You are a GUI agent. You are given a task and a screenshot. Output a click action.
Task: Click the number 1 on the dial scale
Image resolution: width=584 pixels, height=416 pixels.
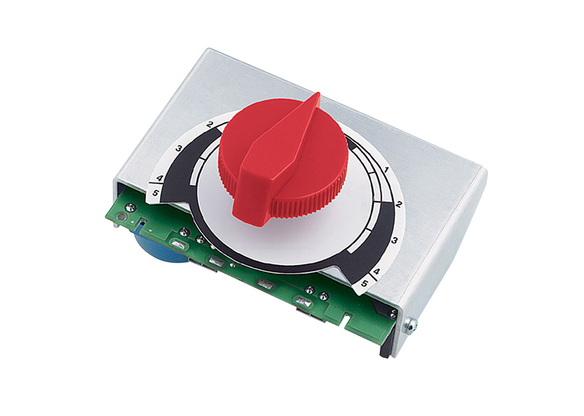tap(386, 169)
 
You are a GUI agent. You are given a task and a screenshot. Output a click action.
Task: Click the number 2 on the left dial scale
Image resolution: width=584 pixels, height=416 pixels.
tap(210, 125)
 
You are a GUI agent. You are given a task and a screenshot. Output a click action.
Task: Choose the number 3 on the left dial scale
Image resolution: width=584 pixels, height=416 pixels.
tap(179, 149)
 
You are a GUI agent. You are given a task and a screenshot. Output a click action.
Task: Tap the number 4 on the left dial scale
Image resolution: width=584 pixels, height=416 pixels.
tap(160, 178)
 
